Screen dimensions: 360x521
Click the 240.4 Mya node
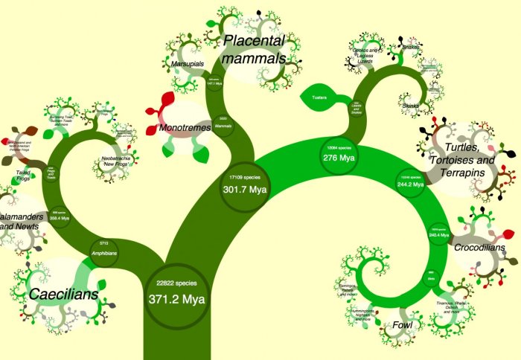pos(438,231)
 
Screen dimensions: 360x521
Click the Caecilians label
pos(64,295)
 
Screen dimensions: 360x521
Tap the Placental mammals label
pos(255,49)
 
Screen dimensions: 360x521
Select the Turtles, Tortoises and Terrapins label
pos(461,158)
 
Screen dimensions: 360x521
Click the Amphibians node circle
pos(104,248)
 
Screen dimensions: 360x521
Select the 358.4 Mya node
pos(60,216)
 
